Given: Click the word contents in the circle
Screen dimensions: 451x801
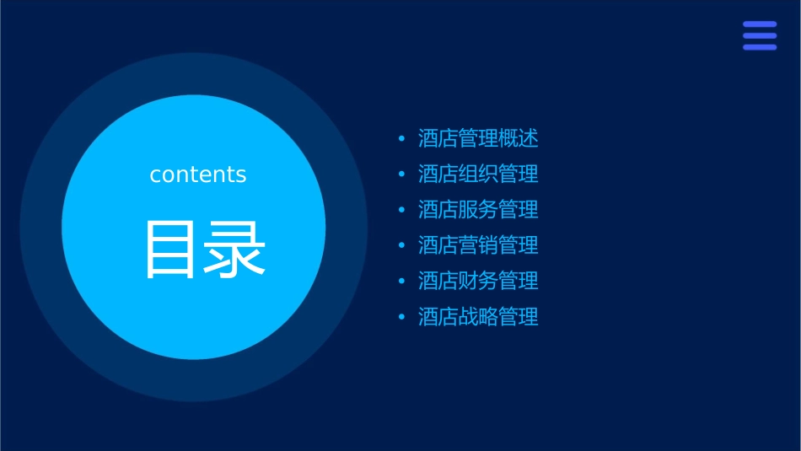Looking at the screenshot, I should pos(198,174).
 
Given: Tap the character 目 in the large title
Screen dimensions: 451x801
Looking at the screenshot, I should pos(172,249).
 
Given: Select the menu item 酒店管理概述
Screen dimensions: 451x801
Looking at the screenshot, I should pos(478,138).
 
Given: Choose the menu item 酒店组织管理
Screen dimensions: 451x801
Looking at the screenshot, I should pos(478,174).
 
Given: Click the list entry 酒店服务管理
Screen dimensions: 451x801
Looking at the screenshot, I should pos(478,210).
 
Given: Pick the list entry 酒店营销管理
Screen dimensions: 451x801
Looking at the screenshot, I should pos(478,245).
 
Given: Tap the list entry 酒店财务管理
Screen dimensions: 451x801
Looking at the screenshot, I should pos(478,281).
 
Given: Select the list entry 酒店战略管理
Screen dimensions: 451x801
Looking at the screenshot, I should pos(478,317).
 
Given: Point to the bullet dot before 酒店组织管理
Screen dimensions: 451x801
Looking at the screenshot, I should pos(402,174).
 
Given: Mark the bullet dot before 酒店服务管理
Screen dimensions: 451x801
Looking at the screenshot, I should pos(402,210).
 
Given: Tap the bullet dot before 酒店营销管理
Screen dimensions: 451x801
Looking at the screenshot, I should pos(402,246).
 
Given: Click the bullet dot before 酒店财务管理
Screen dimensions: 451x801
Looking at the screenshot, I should pos(402,282).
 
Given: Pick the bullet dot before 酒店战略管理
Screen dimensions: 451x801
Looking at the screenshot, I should pos(402,318).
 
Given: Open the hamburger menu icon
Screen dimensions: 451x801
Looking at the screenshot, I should pos(760,35).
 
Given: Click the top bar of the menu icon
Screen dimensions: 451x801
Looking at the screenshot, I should pos(760,24).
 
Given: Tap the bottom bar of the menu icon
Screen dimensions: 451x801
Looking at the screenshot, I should pos(760,47).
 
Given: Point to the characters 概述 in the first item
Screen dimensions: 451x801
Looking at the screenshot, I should pos(519,138).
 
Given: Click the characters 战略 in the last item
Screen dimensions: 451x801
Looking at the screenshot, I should pos(478,317).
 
